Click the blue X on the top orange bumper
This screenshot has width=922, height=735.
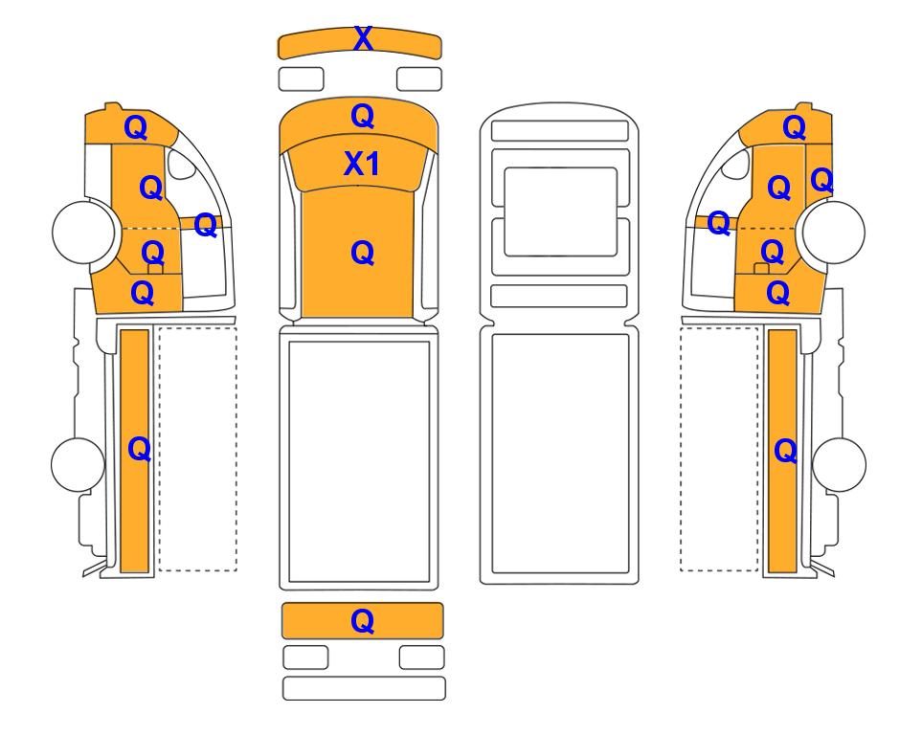point(363,39)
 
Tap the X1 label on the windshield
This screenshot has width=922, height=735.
point(361,164)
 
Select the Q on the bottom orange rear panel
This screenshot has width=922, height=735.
point(362,621)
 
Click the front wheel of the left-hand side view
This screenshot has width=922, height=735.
point(83,232)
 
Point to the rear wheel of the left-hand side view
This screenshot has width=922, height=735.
point(79,464)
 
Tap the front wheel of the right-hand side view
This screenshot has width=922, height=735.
point(834,232)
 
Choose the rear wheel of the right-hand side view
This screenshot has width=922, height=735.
point(839,464)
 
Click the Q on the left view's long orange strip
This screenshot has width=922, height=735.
point(140,450)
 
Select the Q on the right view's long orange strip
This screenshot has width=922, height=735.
point(786,452)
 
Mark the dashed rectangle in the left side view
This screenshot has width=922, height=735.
point(198,449)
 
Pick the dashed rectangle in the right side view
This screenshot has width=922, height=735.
point(719,449)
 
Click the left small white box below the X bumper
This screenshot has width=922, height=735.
point(301,78)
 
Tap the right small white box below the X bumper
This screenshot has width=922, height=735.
point(419,78)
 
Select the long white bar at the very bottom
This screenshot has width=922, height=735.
point(364,688)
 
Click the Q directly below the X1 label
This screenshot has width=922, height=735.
point(362,254)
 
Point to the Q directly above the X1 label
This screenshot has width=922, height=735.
point(362,117)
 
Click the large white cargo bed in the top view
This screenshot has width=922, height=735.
point(359,462)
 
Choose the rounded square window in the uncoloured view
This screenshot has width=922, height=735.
point(561,212)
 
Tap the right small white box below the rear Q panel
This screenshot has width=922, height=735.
point(421,657)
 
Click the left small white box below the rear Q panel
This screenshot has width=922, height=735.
point(305,657)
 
